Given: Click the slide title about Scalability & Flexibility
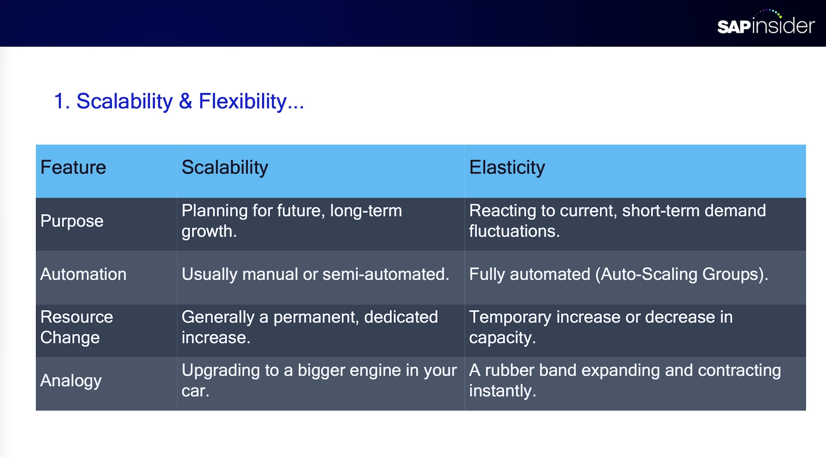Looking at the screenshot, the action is coord(179,102).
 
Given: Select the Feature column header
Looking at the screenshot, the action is coord(73,167).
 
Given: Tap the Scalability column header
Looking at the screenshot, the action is coord(225,167).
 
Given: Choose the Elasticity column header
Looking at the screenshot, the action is coord(507,167).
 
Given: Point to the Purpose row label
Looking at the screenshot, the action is coord(72,221).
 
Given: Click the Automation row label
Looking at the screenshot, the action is coord(83,274).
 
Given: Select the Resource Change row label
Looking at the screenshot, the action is coord(77,327).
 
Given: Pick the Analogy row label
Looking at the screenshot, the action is coord(71,381).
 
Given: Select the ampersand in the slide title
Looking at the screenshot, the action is coord(185,101).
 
